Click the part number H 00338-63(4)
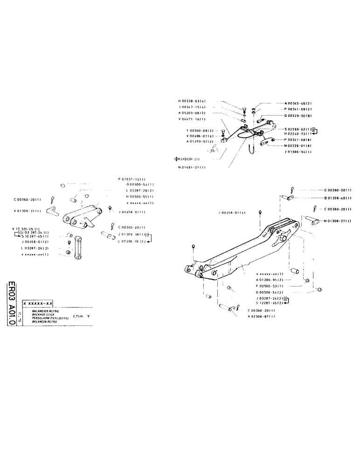click(192, 101)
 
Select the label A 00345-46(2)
click(298, 103)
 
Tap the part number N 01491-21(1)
click(192, 167)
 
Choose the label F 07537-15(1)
click(132, 179)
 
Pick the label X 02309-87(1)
click(261, 316)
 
